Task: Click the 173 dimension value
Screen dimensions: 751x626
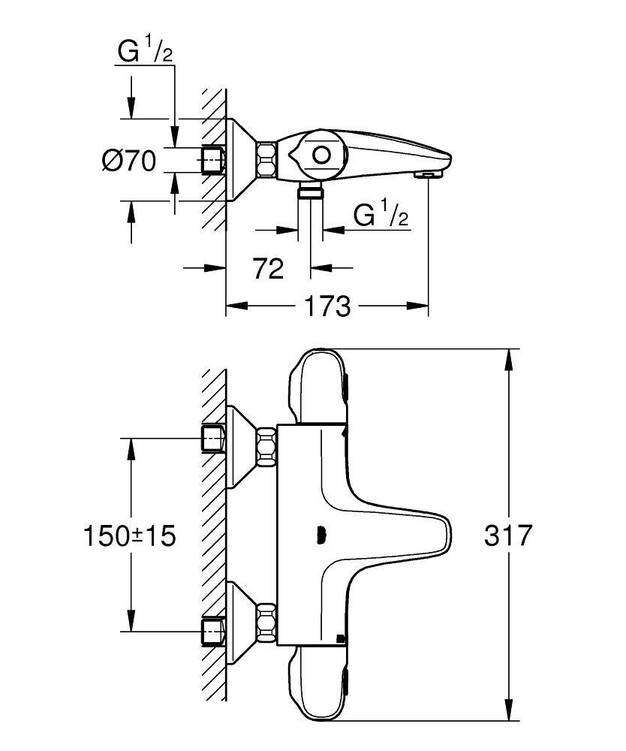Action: pos(328,306)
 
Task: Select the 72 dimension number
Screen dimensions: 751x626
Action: pos(268,268)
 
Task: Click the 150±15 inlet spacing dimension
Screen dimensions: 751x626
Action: pos(128,535)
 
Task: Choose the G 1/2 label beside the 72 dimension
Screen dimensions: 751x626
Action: pos(381,216)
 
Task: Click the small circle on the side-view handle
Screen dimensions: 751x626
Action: pos(322,155)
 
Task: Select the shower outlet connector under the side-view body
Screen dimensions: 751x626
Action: pos(311,191)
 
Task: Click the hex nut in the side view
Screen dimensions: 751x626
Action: pos(266,160)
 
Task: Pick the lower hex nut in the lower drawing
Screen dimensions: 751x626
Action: pos(266,622)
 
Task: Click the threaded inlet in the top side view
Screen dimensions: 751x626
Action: pos(214,161)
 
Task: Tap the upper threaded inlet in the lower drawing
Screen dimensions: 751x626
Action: pos(214,439)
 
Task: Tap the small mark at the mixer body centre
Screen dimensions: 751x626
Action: pos(321,535)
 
